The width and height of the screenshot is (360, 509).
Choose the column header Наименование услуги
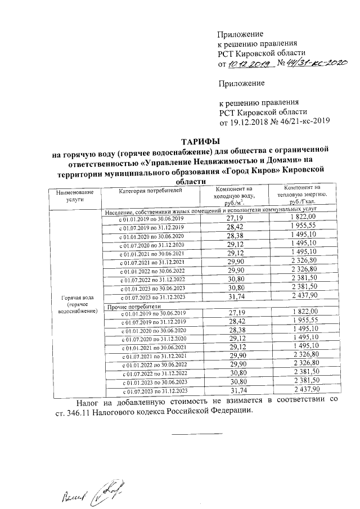(x=74, y=195)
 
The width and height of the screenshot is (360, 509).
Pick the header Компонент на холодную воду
(x=235, y=195)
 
